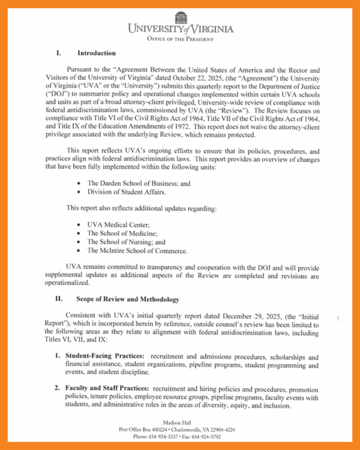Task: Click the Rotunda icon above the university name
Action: tap(181, 18)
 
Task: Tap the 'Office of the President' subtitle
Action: tap(180, 39)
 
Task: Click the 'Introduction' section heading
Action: tap(96, 53)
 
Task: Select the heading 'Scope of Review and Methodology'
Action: tap(128, 299)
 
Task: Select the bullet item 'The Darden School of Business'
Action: tap(132, 183)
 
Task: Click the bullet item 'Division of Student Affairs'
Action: tap(126, 192)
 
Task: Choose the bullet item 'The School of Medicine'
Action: tap(122, 233)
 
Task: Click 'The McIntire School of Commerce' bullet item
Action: tap(137, 251)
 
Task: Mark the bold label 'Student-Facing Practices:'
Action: tap(105, 356)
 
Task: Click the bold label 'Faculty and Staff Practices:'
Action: tap(107, 388)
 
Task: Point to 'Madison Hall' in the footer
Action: tap(177, 423)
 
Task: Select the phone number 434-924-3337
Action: tap(163, 437)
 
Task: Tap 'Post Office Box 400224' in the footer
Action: tap(143, 430)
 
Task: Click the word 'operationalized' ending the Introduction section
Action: tap(67, 283)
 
